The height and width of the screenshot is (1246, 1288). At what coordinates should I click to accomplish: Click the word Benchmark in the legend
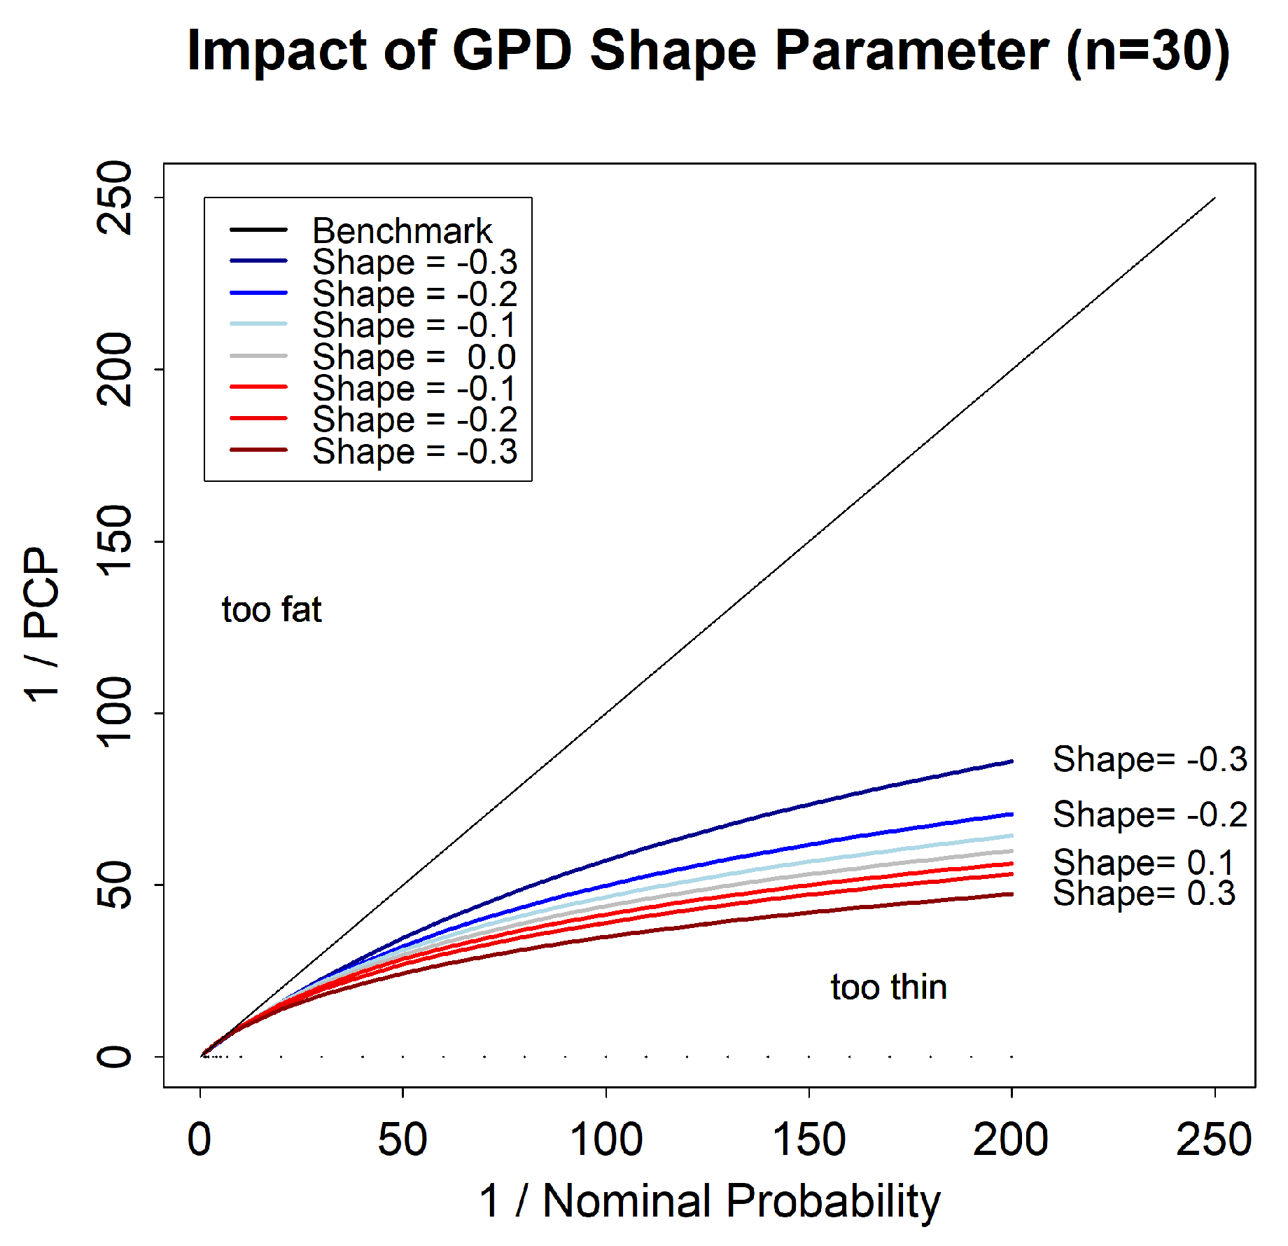402,230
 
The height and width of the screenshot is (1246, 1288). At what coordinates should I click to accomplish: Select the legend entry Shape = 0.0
414,357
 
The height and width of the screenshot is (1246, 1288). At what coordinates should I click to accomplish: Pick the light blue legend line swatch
258,324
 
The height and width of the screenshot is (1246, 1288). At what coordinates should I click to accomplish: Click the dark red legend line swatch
258,450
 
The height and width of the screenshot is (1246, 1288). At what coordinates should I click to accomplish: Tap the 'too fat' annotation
272,609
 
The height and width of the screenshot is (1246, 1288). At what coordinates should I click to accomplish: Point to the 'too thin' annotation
888,987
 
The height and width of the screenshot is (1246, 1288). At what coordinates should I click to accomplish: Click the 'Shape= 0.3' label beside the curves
1144,893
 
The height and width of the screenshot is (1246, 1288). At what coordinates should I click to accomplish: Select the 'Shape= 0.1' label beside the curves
1144,861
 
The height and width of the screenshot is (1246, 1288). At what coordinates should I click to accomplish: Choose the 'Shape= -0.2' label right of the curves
1149,814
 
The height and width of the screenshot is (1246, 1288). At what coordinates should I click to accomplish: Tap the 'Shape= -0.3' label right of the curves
1149,759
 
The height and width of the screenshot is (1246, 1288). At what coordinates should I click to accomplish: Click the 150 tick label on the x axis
808,1140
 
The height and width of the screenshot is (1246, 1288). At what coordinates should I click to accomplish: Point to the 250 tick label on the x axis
1213,1140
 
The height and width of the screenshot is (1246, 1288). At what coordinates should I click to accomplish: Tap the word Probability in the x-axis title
833,1202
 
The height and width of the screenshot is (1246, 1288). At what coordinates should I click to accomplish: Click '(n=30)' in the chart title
1148,51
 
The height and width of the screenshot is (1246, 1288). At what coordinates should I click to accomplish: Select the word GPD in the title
512,51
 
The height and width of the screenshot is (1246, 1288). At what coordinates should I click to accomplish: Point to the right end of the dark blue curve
1011,761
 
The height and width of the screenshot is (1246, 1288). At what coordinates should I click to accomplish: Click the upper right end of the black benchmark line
1214,198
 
